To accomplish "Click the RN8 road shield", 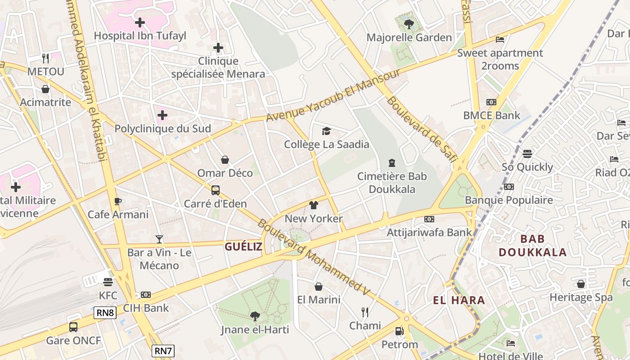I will [x=105, y=313].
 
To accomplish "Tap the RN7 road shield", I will [x=162, y=351].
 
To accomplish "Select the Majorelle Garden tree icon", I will [x=409, y=24].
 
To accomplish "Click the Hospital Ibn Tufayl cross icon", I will [x=140, y=22].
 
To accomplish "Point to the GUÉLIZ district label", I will [x=243, y=246].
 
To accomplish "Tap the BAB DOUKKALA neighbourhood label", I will [x=532, y=245].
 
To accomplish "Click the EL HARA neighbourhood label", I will [x=459, y=300].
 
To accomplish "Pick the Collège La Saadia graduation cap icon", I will [x=326, y=131].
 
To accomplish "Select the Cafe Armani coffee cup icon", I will [x=118, y=201].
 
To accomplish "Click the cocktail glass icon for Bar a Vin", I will [x=159, y=239].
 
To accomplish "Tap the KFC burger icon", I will [x=108, y=282].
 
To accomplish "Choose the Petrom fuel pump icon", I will [x=399, y=331].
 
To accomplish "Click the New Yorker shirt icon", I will [x=314, y=205].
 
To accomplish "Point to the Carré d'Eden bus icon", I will [x=216, y=190].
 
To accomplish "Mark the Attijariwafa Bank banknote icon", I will [x=429, y=219].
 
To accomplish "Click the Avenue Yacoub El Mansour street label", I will [x=333, y=95].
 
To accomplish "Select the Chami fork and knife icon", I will [x=365, y=312].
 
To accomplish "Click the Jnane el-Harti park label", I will [x=255, y=329].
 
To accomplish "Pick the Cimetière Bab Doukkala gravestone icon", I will [x=391, y=163].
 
